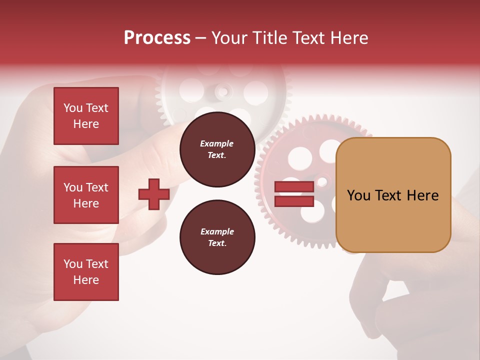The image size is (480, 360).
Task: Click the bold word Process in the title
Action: click(157, 37)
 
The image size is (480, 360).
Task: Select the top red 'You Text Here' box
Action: click(86, 116)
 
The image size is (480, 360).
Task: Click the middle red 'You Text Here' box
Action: click(86, 195)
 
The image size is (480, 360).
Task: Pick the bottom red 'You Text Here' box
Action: click(86, 272)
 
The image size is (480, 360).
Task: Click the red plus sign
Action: click(154, 194)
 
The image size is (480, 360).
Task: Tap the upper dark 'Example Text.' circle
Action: click(217, 149)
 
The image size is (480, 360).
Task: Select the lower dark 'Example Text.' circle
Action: click(217, 237)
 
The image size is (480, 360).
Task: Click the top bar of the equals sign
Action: click(294, 186)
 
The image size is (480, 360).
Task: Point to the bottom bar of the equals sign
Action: click(294, 201)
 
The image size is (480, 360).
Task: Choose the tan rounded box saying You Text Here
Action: click(393, 195)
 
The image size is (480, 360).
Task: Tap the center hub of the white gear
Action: click(223, 91)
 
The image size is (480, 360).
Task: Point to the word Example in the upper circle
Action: click(217, 143)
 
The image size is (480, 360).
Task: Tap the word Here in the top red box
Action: click(86, 124)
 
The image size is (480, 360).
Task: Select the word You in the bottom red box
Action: click(72, 263)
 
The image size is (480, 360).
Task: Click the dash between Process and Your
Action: click(200, 37)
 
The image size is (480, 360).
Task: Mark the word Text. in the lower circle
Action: click(217, 243)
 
